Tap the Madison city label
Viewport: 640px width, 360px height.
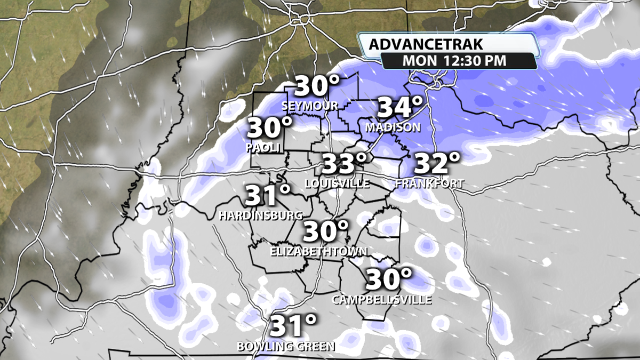coord(393,128)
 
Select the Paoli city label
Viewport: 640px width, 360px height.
coord(263,148)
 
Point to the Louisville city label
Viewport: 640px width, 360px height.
coord(337,184)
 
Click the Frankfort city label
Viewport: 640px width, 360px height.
coord(429,184)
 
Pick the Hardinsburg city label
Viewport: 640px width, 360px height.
coord(261,216)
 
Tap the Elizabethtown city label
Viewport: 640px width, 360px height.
coord(319,251)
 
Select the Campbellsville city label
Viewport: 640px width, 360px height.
coord(382,300)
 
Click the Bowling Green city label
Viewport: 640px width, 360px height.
coord(286,347)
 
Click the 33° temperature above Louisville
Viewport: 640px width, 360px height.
coord(345,164)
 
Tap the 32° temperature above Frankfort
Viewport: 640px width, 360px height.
coord(437,164)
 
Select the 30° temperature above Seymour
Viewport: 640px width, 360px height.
coord(317,86)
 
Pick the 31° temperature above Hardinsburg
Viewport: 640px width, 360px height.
coord(268,196)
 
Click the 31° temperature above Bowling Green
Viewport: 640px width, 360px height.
coord(294,326)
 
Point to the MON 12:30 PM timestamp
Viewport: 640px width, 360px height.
coord(453,60)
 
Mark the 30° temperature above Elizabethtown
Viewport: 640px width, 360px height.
coord(326,231)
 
